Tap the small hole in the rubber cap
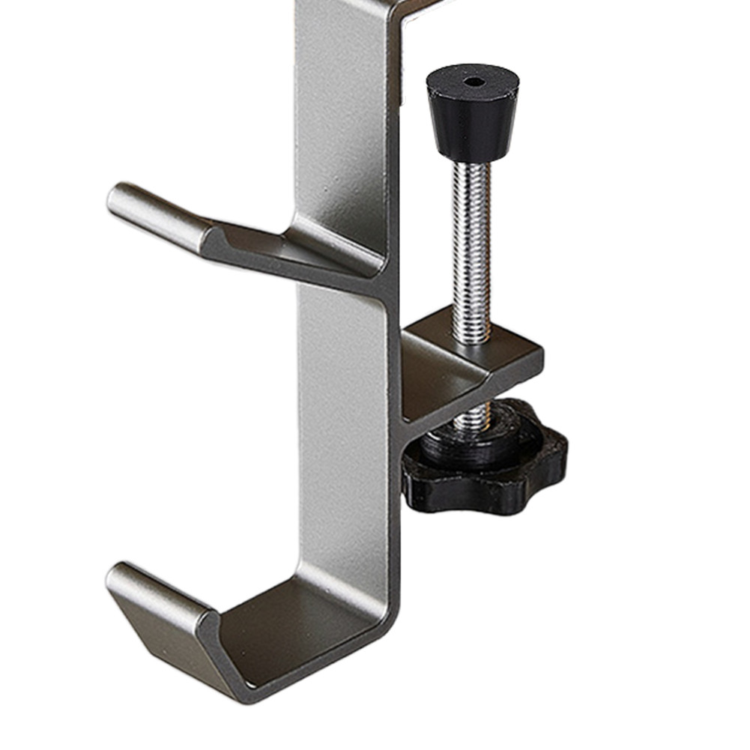(473, 81)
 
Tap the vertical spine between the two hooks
(341, 420)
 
